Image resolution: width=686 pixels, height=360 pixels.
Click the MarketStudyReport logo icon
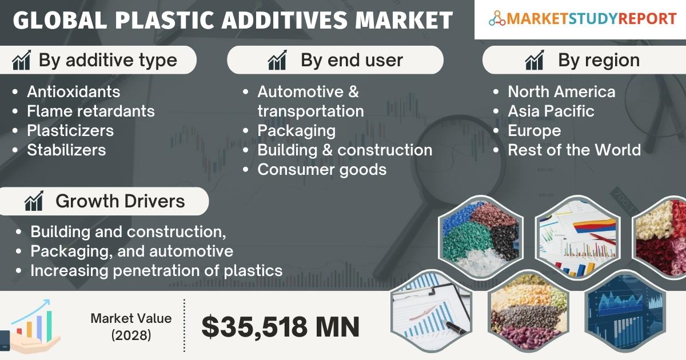[497, 18]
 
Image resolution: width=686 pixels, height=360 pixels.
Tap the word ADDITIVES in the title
[284, 20]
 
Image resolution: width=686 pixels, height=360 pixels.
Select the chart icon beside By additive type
[22, 60]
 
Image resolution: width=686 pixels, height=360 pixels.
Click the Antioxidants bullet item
[74, 91]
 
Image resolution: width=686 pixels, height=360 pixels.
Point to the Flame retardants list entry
[91, 111]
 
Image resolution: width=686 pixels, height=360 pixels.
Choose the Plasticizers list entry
[70, 130]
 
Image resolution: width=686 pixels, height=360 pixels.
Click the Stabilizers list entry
[66, 150]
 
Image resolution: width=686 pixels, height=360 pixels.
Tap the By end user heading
[352, 60]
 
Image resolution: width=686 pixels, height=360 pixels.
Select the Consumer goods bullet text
[322, 170]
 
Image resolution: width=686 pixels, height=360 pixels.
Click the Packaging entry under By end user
[297, 131]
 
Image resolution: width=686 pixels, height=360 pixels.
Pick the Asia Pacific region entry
[551, 111]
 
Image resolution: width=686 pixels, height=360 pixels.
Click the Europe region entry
[535, 131]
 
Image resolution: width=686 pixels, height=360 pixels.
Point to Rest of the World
[574, 150]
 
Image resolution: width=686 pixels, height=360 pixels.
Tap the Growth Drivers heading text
[120, 201]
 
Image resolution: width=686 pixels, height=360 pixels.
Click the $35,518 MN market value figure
[280, 327]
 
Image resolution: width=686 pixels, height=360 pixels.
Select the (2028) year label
[131, 335]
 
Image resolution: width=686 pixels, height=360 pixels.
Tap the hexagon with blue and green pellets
[481, 237]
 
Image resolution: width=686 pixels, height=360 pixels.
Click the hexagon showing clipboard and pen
[432, 311]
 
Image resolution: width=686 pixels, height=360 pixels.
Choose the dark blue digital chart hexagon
[625, 311]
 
